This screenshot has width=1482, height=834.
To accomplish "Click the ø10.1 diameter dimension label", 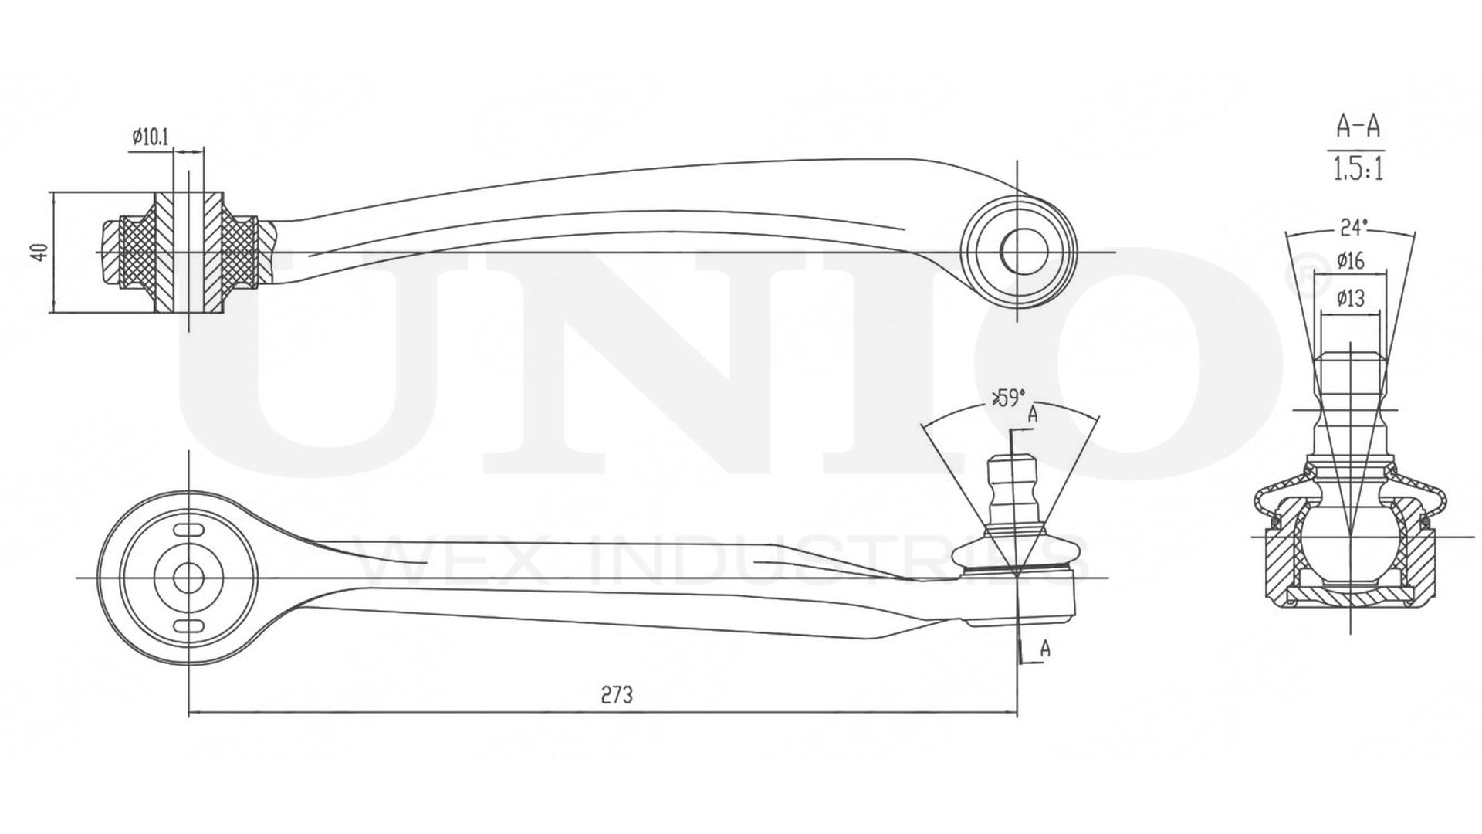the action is point(151,137).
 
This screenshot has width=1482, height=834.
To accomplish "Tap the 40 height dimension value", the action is point(41,252).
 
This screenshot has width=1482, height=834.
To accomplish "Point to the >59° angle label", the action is point(1007,398).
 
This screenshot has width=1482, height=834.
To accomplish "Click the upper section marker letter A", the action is point(1032,415).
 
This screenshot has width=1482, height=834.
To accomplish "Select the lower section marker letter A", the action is point(1044,649).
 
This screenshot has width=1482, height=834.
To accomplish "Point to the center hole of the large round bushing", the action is point(188,577).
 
